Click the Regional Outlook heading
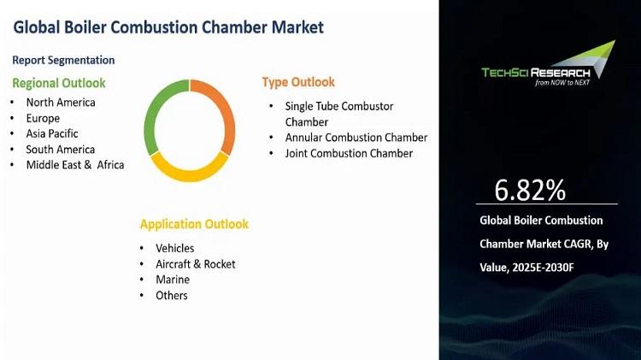pyautogui.click(x=59, y=83)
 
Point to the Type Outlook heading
pyautogui.click(x=298, y=82)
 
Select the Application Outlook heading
pyautogui.click(x=194, y=224)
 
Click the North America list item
pyautogui.click(x=61, y=103)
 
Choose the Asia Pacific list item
pyautogui.click(x=52, y=133)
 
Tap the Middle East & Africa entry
pyautogui.click(x=75, y=165)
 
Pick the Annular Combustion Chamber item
pyautogui.click(x=356, y=138)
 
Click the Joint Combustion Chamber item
pyautogui.click(x=349, y=153)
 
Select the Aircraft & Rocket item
pyautogui.click(x=196, y=264)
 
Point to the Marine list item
pyautogui.click(x=173, y=280)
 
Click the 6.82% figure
pyautogui.click(x=530, y=190)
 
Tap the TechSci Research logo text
pyautogui.click(x=536, y=73)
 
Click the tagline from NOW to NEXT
pyautogui.click(x=562, y=83)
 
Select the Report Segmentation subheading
pyautogui.click(x=63, y=60)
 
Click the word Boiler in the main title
pyautogui.click(x=85, y=27)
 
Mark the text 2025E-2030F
pyautogui.click(x=543, y=268)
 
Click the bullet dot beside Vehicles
pyautogui.click(x=142, y=248)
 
